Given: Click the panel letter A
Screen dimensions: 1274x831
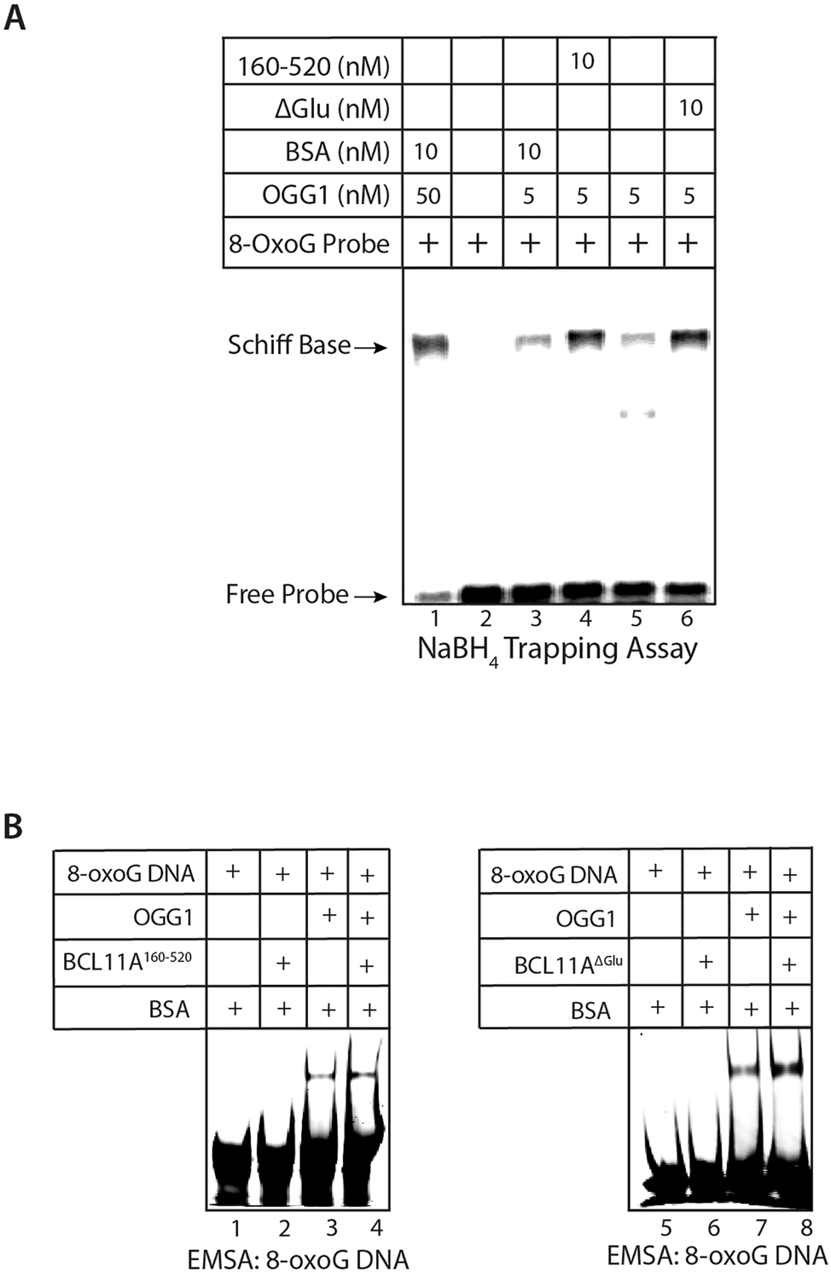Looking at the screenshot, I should click(15, 17).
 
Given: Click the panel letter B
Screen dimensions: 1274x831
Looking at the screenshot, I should click(13, 826).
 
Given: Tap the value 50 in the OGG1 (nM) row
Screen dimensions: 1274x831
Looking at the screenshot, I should click(427, 196).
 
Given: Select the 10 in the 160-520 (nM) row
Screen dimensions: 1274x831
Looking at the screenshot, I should click(582, 61).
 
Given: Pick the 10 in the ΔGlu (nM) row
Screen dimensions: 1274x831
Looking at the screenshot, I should click(690, 107).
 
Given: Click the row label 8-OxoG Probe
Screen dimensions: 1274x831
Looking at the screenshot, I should click(309, 244).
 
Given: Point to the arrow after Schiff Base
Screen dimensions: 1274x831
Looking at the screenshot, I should click(370, 347).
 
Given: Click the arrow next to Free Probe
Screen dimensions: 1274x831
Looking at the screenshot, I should click(370, 597).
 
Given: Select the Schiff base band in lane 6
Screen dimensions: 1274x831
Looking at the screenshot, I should click(690, 339).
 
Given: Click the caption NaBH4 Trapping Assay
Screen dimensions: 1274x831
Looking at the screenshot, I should click(557, 650).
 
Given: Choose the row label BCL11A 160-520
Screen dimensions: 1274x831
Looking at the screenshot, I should click(127, 962).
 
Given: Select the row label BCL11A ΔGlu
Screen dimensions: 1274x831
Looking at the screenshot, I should click(568, 964).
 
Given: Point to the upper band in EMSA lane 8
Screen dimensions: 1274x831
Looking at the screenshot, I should click(787, 1067).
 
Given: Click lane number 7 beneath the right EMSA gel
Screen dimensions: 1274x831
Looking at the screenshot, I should click(761, 1227).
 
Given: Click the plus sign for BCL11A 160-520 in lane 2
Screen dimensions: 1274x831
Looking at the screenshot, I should click(283, 963).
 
